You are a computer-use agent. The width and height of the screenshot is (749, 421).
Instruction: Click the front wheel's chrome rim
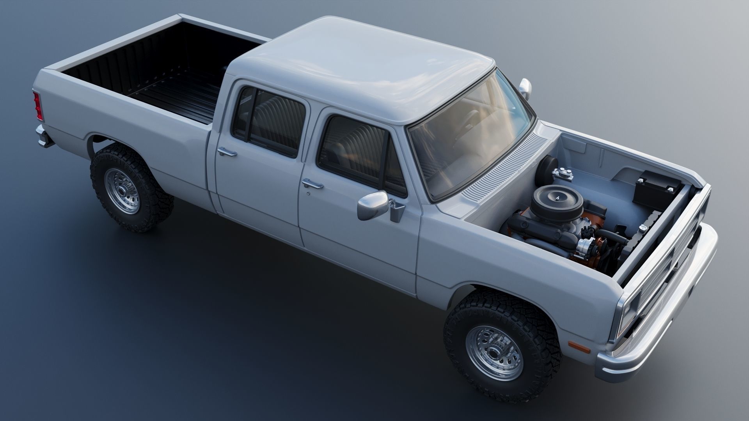pyautogui.click(x=495, y=354)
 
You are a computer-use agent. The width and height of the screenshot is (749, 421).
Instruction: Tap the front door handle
pyautogui.click(x=312, y=184)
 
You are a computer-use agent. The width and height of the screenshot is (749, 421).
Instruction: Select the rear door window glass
pyautogui.click(x=273, y=121)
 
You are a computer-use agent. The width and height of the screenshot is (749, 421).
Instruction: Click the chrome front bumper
pyautogui.click(x=663, y=320)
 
